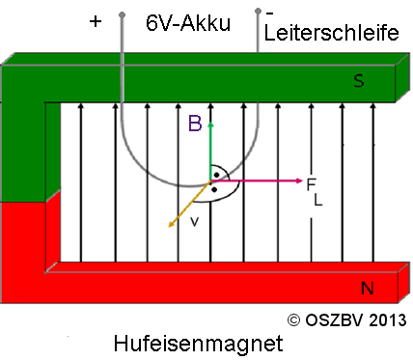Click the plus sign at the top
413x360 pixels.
(x=95, y=21)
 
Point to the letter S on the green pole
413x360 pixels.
(x=359, y=82)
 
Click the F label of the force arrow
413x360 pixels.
(x=312, y=183)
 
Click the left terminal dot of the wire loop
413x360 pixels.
(x=123, y=14)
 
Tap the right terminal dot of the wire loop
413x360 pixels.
(x=259, y=13)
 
